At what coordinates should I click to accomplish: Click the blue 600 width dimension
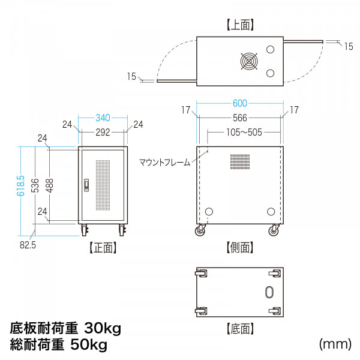[240, 103]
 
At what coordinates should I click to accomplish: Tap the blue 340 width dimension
[103, 118]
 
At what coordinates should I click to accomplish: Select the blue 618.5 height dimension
[20, 185]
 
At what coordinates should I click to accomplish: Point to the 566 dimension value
[240, 118]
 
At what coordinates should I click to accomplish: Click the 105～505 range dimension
[244, 132]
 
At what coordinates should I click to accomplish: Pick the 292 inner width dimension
[103, 133]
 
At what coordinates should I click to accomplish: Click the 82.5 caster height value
[28, 245]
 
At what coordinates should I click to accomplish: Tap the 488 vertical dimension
[50, 185]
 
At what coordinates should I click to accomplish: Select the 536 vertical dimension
[35, 185]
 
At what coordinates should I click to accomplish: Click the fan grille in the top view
[249, 61]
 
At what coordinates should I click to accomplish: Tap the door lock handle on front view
[86, 185]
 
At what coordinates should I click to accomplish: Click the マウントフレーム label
[165, 163]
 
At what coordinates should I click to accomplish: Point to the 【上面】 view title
[240, 25]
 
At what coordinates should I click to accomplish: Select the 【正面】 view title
[103, 248]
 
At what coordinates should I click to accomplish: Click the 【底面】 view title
[240, 329]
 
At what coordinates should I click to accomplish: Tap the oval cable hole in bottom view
[269, 292]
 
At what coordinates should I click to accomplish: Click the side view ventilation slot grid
[240, 161]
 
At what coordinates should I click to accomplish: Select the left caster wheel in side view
[200, 230]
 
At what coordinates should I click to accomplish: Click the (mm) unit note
[335, 344]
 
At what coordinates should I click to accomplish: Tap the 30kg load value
[103, 328]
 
